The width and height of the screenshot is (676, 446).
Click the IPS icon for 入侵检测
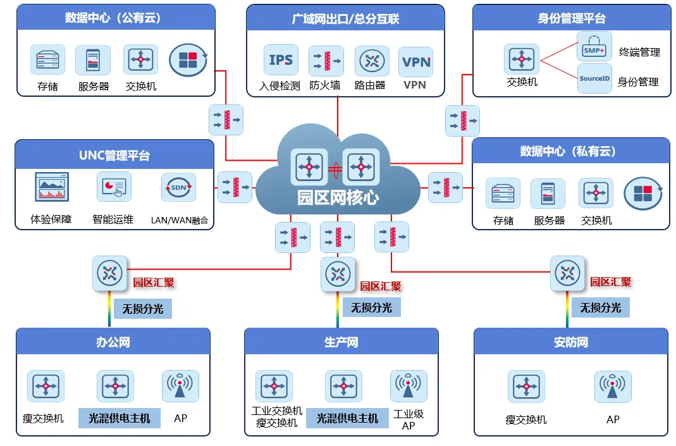click(281, 60)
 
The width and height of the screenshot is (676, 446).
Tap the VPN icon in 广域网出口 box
click(416, 62)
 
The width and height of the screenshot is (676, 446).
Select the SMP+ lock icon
click(594, 46)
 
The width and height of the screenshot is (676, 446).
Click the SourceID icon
click(594, 78)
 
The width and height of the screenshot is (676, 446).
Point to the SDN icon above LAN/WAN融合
click(178, 187)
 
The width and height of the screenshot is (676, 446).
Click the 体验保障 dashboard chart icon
click(52, 187)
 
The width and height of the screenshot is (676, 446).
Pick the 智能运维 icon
click(114, 187)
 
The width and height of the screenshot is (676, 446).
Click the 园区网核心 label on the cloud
click(338, 197)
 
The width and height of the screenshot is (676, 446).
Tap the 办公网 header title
click(113, 342)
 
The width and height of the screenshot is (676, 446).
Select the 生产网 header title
click(341, 342)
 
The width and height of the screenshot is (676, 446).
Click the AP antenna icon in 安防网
click(613, 387)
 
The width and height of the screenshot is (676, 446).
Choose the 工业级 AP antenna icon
click(409, 386)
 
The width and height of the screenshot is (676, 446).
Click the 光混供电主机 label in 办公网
click(120, 418)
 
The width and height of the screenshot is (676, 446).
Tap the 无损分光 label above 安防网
click(600, 307)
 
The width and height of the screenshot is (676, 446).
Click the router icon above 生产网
click(338, 275)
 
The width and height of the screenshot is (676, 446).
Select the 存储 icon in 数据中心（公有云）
click(48, 59)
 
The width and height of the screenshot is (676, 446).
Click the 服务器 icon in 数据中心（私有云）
click(548, 194)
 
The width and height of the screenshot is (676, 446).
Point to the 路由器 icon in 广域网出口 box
click(372, 61)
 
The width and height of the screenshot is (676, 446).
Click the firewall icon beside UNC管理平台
click(235, 187)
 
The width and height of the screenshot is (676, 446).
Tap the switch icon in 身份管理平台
click(522, 59)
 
